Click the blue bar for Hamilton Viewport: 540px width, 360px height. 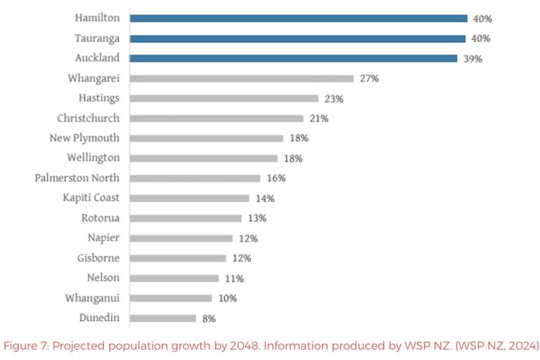pos(298,18)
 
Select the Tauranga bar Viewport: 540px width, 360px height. pos(297,39)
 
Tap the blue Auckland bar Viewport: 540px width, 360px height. pos(293,58)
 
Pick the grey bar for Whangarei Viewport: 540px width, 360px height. pos(241,79)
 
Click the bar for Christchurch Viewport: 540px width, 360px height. pos(217,119)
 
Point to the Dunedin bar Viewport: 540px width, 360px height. pos(162,319)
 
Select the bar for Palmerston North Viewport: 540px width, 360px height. pos(195,179)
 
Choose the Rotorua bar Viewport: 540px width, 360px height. pos(186,218)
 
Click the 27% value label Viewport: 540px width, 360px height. pos(368,79)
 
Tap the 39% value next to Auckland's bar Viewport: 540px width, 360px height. pos(472,59)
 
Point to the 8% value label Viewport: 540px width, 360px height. pos(209,319)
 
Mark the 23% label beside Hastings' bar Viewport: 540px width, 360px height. pos(333,99)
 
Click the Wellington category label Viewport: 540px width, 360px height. pos(93,158)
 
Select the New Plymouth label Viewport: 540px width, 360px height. pos(84,139)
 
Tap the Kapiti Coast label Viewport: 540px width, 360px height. pos(91,198)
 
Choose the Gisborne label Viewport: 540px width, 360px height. pos(98,258)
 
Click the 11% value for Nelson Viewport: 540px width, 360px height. pos(234,278)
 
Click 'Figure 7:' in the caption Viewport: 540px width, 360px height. pos(25,345)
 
